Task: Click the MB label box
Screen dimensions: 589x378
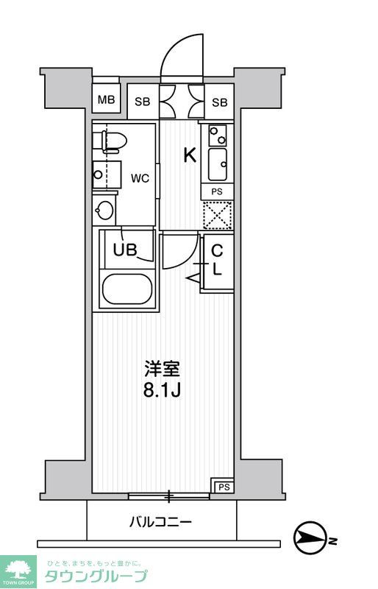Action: [x=106, y=101]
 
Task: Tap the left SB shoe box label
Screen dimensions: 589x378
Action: [x=143, y=102]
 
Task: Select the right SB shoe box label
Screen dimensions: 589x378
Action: [x=220, y=102]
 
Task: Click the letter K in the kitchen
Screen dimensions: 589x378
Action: [x=190, y=155]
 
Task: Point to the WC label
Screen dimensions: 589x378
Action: [x=140, y=178]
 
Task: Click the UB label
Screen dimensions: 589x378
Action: [x=124, y=250]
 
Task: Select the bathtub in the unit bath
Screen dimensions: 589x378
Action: [x=126, y=289]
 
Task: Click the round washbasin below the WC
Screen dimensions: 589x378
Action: [x=105, y=211]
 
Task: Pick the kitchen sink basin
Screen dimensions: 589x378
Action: [x=218, y=164]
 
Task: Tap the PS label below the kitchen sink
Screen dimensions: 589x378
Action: [x=217, y=191]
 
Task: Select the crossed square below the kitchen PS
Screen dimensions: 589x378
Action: [x=217, y=214]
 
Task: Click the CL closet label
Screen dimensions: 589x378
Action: [x=217, y=259]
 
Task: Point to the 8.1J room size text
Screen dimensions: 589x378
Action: [x=162, y=389]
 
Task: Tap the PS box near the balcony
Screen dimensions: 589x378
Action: [x=223, y=485]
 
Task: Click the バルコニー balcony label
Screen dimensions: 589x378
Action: [x=161, y=522]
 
